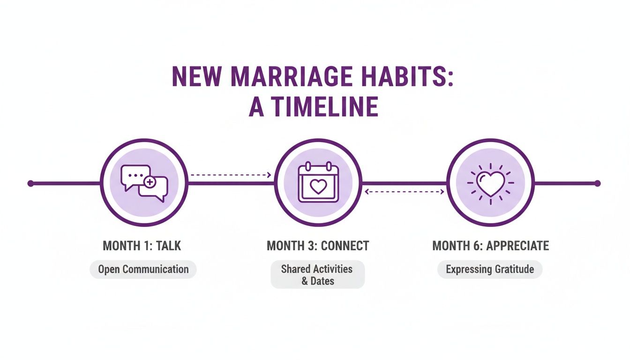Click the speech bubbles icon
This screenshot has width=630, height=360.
[x=144, y=183]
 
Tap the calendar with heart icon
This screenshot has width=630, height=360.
[x=318, y=183]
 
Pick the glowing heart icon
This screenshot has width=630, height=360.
[x=490, y=183]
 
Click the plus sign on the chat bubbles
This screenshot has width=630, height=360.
[x=150, y=182]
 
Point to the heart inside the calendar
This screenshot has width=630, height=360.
[x=318, y=187]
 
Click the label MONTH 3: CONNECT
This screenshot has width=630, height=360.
[x=318, y=246]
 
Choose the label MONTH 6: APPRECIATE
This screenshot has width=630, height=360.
[x=490, y=246]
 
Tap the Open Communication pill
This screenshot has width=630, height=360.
[x=143, y=270]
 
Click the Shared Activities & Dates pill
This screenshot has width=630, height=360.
[x=317, y=275]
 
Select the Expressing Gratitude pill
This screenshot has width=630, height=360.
[x=490, y=270]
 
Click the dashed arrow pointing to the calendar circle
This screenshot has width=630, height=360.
[x=231, y=175]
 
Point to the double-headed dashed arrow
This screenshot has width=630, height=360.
[x=404, y=191]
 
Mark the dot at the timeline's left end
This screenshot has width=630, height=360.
[x=30, y=183]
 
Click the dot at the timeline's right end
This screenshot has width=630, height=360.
[x=597, y=183]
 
